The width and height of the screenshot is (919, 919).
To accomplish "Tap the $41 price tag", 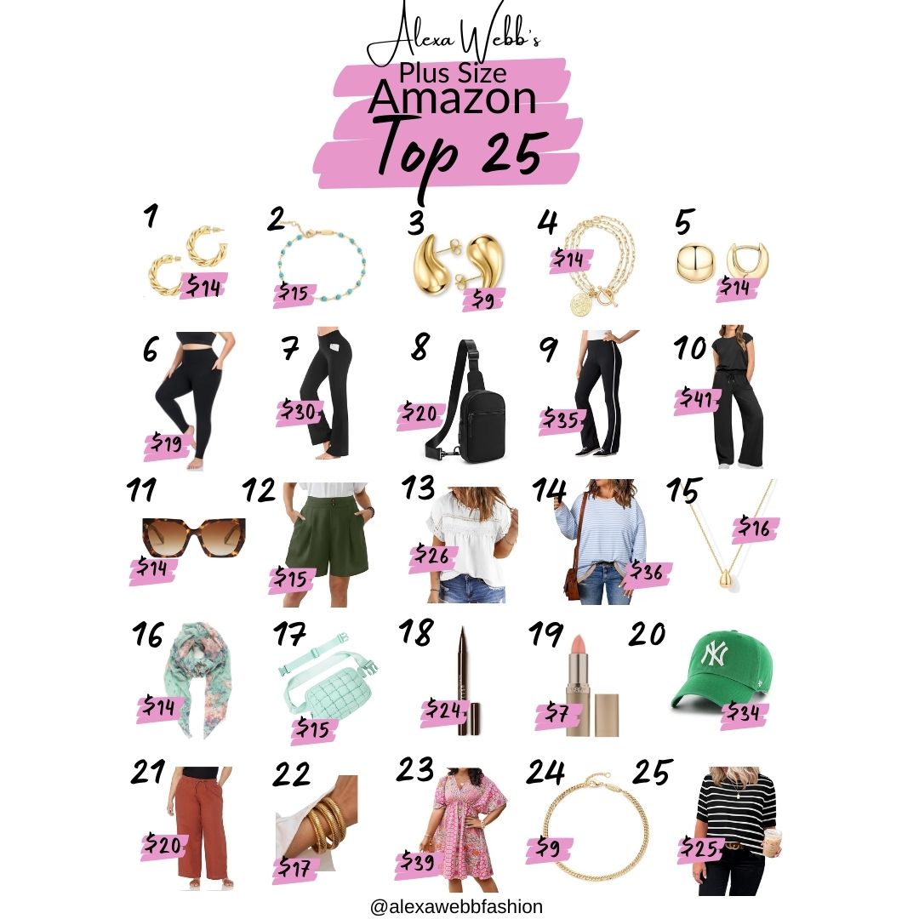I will tap(697, 397).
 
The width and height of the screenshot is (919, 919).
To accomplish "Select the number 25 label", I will tap(651, 773).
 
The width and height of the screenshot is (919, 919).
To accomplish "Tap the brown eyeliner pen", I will tap(461, 681).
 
